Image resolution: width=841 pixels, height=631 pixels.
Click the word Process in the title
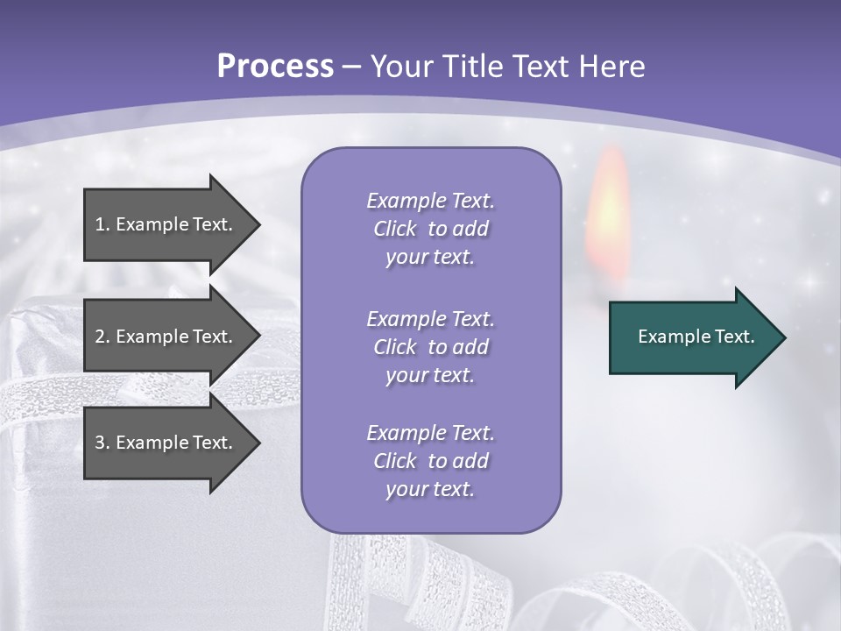(275, 67)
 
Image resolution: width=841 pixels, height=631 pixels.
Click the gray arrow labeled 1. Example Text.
(166, 224)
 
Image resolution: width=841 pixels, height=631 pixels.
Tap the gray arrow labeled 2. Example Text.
(166, 337)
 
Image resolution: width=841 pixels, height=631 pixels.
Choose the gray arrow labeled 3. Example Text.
(166, 443)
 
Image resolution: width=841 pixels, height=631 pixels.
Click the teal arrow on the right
(692, 337)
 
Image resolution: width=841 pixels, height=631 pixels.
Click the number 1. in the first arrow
(102, 224)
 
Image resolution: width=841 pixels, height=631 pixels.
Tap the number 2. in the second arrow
(102, 337)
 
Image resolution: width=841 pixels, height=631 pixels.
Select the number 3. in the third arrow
(102, 443)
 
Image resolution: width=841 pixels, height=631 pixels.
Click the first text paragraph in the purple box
(430, 229)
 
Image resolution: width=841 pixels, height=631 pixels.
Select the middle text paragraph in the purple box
(430, 347)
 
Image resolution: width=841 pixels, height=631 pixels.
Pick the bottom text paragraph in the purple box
(430, 461)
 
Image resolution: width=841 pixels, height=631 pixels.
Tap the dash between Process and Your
(351, 67)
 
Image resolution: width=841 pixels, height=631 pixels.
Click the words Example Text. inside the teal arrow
(696, 337)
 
